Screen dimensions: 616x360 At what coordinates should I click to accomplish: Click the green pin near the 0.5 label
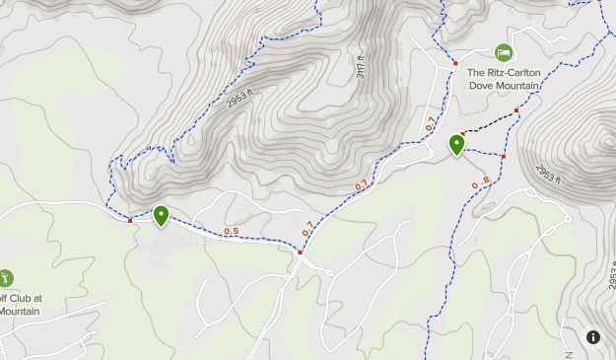(x=161, y=215)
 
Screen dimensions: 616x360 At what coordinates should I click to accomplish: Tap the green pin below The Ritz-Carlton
(x=457, y=144)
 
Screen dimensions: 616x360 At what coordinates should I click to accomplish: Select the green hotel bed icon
(x=504, y=52)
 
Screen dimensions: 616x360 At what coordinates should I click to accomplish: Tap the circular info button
(x=593, y=337)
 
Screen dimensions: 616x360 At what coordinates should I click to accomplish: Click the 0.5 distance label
(x=231, y=232)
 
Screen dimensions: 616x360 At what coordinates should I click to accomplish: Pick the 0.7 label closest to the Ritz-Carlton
(x=430, y=124)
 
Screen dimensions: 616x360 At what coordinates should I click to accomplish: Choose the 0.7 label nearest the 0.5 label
(x=308, y=227)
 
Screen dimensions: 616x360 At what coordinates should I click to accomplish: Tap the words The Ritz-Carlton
(x=503, y=73)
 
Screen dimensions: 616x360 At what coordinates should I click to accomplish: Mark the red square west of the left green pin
(x=130, y=220)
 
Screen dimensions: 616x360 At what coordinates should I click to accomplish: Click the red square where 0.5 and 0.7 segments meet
(x=301, y=252)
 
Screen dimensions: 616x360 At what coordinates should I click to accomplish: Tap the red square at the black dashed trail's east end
(x=515, y=110)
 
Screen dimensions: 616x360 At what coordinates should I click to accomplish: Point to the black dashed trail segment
(x=490, y=122)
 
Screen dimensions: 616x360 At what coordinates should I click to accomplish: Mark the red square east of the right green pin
(x=503, y=156)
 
